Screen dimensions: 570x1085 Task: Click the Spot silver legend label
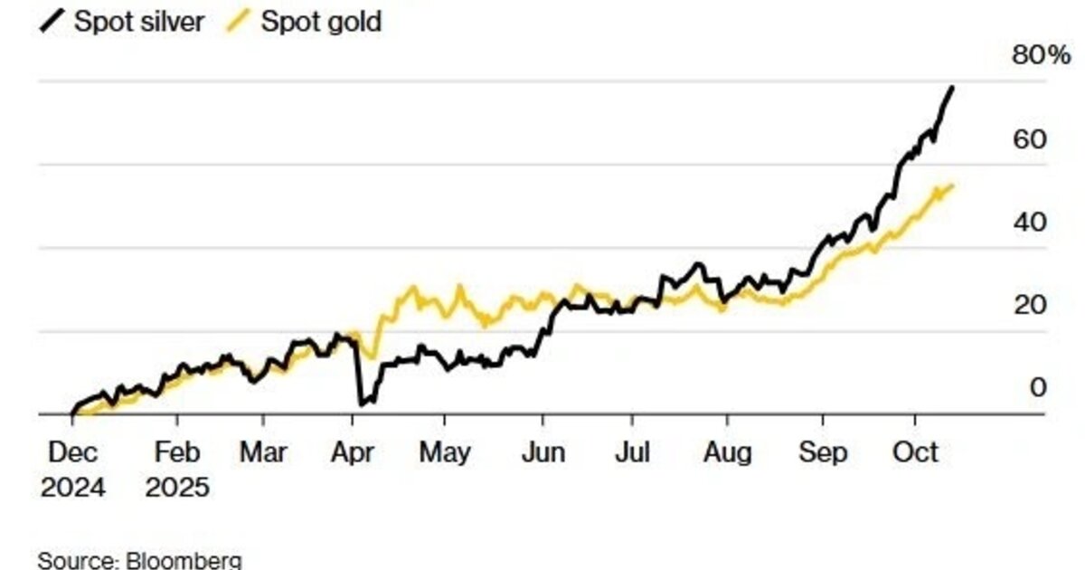(139, 21)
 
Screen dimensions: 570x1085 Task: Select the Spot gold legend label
(321, 21)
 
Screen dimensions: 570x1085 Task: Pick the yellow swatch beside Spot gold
(239, 21)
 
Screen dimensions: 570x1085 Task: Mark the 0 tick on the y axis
(1038, 387)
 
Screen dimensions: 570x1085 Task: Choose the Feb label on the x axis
(177, 451)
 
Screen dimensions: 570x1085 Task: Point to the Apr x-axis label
(354, 451)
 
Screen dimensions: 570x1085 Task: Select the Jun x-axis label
(543, 451)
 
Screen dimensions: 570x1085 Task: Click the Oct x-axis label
(917, 451)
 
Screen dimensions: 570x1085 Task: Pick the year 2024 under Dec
(72, 488)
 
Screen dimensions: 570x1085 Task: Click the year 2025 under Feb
(178, 488)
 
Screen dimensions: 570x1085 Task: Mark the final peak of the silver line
(951, 88)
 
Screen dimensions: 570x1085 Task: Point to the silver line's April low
(361, 404)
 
